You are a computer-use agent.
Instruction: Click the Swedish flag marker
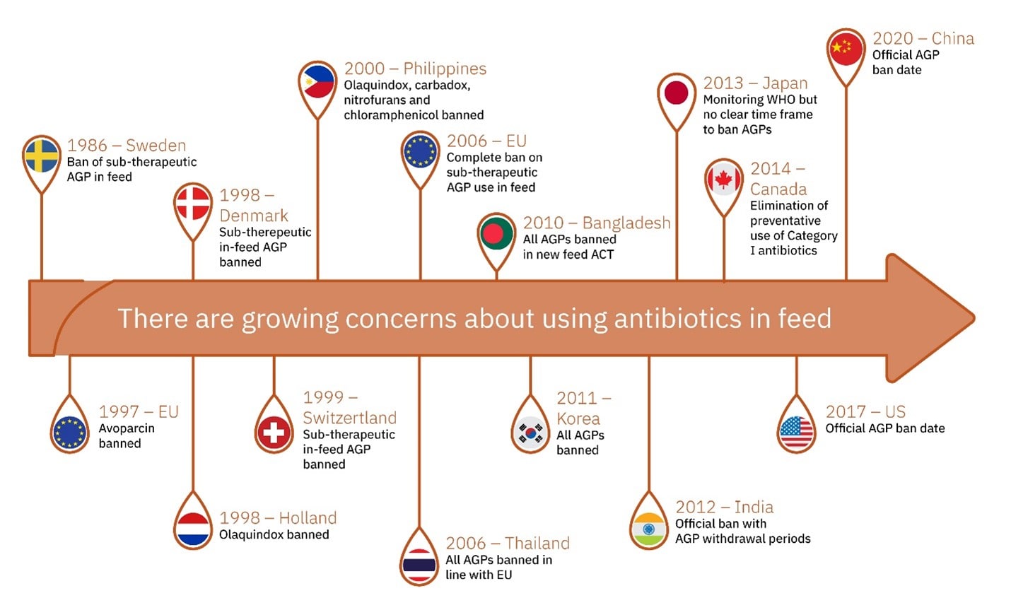[x=42, y=156]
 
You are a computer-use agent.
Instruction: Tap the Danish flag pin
[x=193, y=204]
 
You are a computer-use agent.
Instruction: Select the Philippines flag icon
[x=318, y=82]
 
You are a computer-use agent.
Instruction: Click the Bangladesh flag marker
[x=496, y=233]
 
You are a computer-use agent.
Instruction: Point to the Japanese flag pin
[x=677, y=93]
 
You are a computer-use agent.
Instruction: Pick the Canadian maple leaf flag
[x=724, y=179]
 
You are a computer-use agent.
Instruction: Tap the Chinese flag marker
[x=846, y=49]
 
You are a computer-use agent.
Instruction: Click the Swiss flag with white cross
[x=274, y=433]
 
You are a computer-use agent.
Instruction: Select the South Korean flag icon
[x=530, y=433]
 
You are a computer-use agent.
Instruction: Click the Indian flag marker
[x=649, y=529]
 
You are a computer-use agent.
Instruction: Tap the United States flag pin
[x=797, y=433]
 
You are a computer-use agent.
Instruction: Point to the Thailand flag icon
[x=419, y=565]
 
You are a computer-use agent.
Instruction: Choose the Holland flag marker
[x=193, y=529]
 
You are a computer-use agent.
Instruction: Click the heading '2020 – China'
[x=923, y=39]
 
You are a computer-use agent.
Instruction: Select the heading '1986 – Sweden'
[x=127, y=146]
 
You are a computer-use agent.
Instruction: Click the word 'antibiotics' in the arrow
[x=677, y=318]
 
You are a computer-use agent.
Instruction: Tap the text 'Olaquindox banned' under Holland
[x=274, y=534]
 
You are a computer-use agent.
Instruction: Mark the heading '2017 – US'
[x=865, y=411]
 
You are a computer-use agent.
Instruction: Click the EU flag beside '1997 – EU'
[x=69, y=433]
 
